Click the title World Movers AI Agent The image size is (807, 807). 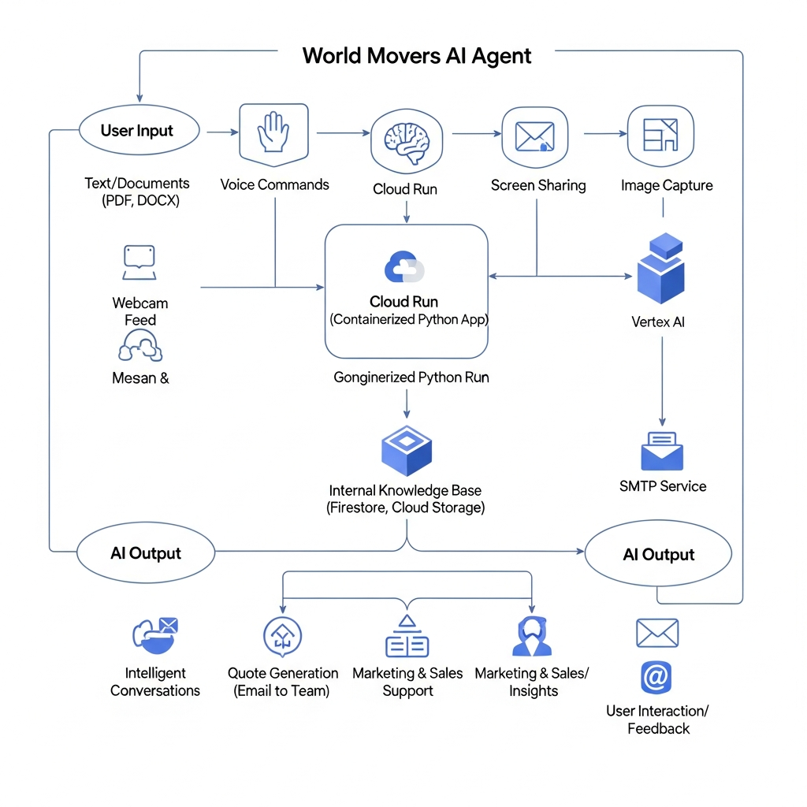(x=416, y=56)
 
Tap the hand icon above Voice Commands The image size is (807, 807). (x=273, y=132)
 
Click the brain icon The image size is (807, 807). (x=407, y=142)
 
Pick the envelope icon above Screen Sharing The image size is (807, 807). (x=535, y=137)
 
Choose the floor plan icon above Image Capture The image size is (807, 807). (x=661, y=135)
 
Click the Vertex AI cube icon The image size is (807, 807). (x=661, y=268)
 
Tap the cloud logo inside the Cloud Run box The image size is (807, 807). (x=404, y=266)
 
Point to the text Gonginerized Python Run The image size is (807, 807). (x=411, y=377)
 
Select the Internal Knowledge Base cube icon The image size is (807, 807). (x=407, y=451)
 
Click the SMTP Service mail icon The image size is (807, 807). (x=662, y=451)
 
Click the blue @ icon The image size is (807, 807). (x=656, y=677)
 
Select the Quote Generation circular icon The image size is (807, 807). (x=283, y=637)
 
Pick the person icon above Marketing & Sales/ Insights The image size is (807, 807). (x=532, y=636)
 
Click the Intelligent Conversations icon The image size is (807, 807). (x=155, y=635)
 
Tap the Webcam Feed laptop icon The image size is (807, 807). (x=139, y=262)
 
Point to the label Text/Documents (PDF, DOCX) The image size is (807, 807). (x=137, y=192)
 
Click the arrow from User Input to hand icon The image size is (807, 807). (x=223, y=132)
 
